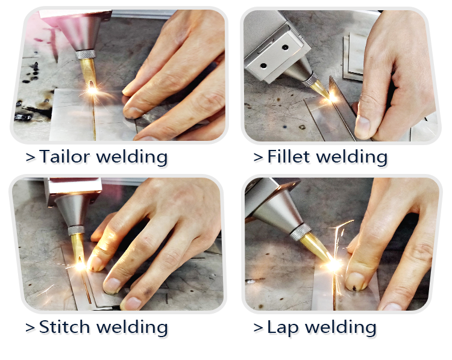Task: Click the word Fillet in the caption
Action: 289,157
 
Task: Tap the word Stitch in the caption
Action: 64,327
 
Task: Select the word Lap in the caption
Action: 283,327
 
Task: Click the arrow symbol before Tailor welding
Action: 30,157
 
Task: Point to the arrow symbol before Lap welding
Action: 258,328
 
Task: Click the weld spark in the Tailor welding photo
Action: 93,90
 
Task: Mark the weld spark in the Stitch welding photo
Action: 80,265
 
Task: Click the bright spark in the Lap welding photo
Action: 334,265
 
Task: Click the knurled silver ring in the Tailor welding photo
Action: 86,54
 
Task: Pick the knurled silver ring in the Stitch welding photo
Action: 77,230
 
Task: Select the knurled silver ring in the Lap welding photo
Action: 301,232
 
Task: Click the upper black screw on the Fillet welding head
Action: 285,47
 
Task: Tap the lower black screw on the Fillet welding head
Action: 263,66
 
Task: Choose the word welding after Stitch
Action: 132,327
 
